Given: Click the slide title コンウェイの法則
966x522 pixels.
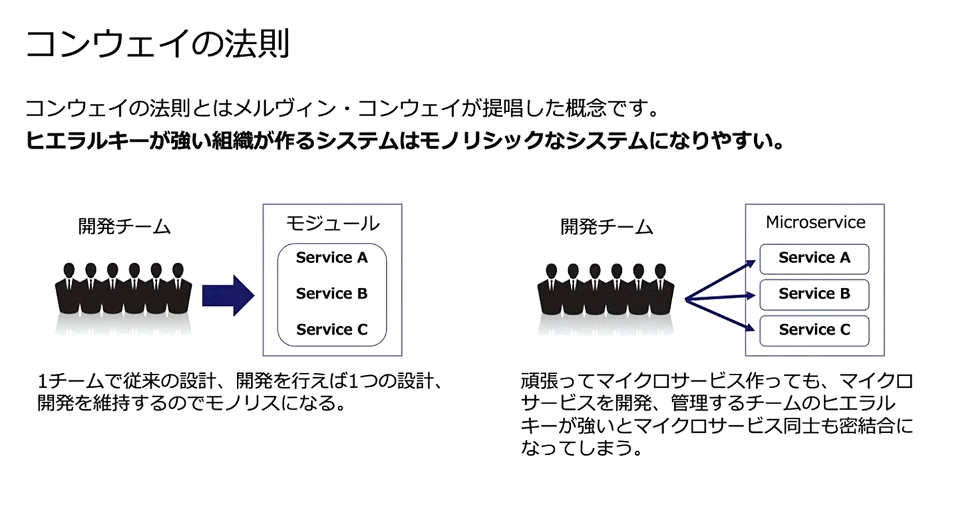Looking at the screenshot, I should click(x=158, y=45).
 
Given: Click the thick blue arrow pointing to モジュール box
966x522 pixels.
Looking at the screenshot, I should click(x=228, y=295).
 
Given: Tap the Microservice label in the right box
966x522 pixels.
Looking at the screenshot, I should click(x=815, y=222).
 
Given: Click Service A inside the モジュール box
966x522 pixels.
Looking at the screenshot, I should click(x=332, y=258).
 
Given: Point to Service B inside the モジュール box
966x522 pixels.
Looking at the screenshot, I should click(x=332, y=294).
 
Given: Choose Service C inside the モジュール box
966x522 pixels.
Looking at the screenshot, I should click(x=332, y=329).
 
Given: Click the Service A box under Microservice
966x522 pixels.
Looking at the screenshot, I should click(x=814, y=258).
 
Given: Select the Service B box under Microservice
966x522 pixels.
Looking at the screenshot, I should click(x=814, y=294).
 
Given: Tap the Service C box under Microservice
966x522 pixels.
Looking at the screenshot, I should click(x=814, y=330).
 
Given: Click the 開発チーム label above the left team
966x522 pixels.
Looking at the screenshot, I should click(x=124, y=227).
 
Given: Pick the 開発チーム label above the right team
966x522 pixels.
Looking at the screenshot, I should click(x=606, y=227).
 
